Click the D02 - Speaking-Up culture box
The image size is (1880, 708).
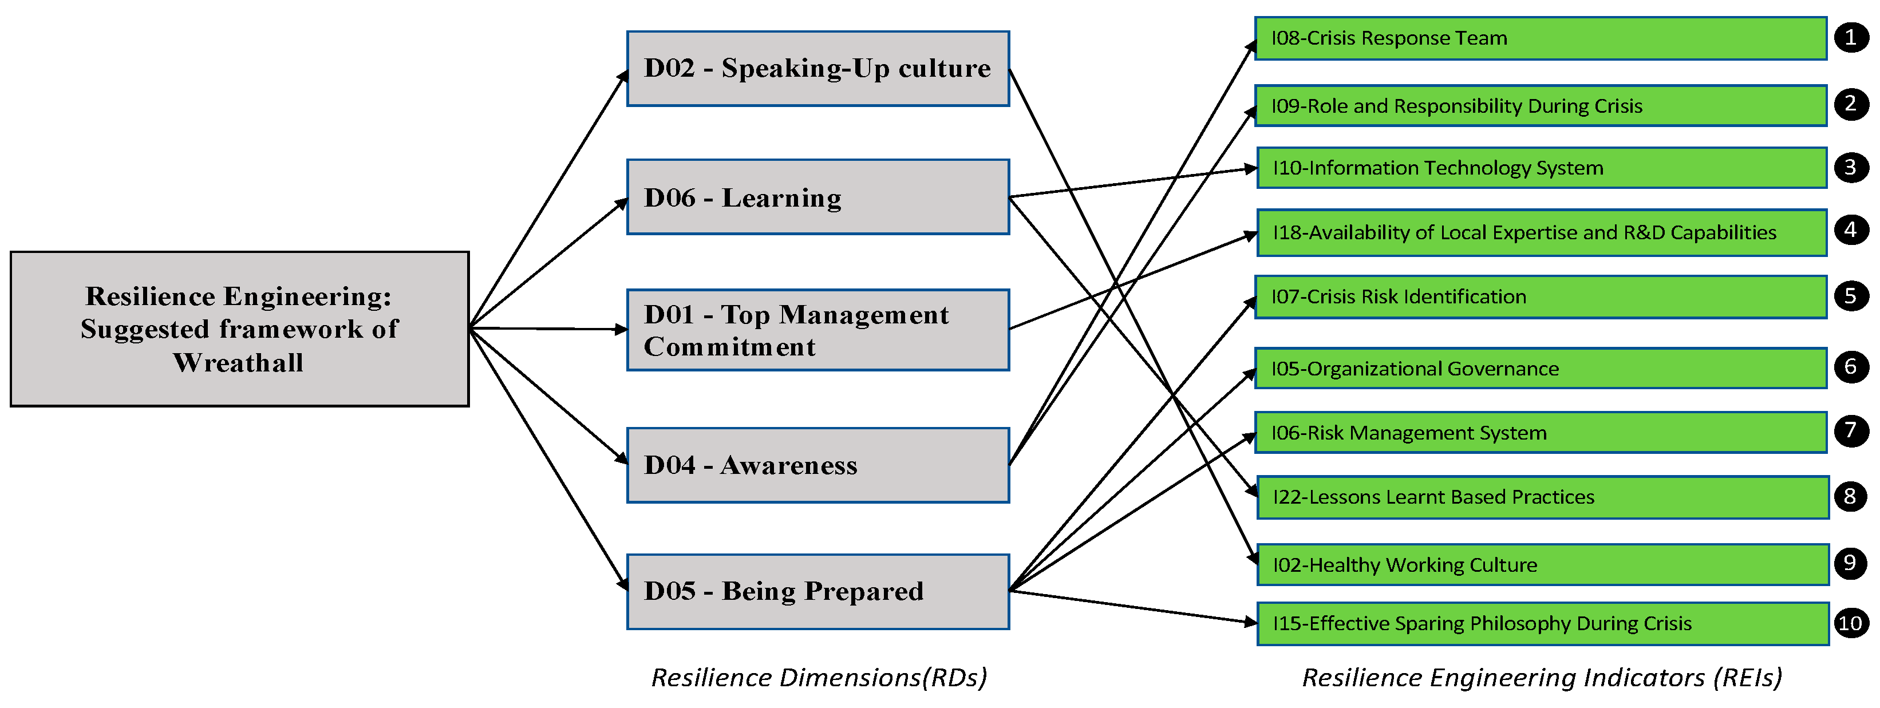click(817, 69)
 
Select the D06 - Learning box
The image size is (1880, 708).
click(817, 197)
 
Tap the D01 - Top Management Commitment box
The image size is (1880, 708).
click(817, 330)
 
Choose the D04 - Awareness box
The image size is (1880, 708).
click(817, 465)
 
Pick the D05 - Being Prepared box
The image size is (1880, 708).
click(817, 591)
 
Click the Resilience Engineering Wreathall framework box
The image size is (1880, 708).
click(239, 329)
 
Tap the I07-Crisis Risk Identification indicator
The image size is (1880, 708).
click(1540, 297)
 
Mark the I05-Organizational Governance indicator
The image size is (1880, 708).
click(1540, 369)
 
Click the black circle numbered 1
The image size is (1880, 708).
click(1850, 37)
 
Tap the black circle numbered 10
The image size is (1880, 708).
click(1850, 623)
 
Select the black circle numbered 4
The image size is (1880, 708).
click(1850, 231)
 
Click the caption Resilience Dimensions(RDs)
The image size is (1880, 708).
click(819, 677)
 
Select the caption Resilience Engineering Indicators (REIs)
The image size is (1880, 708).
click(1541, 677)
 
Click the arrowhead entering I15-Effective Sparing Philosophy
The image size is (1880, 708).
click(1251, 622)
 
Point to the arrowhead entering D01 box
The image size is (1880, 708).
click(621, 330)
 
